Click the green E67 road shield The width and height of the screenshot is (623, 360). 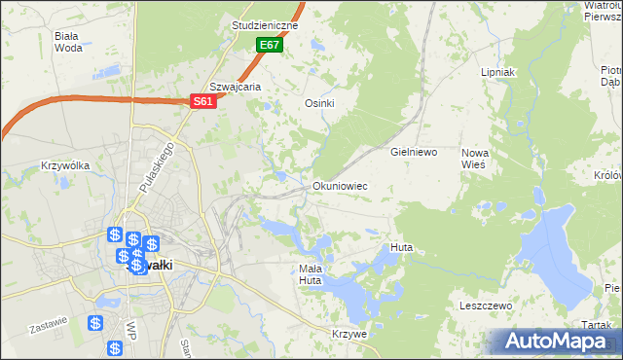coord(270,46)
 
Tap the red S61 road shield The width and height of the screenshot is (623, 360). coord(202,101)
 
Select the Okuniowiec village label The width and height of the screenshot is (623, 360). coord(339,185)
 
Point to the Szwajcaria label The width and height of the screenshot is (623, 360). coord(237,87)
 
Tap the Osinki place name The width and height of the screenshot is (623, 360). coord(320,104)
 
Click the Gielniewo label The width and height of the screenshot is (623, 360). coord(414,153)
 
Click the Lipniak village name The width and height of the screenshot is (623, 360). coord(497,73)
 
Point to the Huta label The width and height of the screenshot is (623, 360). coord(401,248)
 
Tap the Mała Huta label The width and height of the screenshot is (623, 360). coord(310,274)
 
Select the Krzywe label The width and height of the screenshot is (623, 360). coord(348,334)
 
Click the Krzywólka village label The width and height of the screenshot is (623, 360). coord(65,165)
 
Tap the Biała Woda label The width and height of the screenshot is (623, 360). coord(68,41)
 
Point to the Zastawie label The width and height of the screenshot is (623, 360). coord(49,321)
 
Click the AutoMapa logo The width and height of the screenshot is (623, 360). coord(552,342)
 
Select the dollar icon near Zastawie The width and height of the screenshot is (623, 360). coord(95,323)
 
